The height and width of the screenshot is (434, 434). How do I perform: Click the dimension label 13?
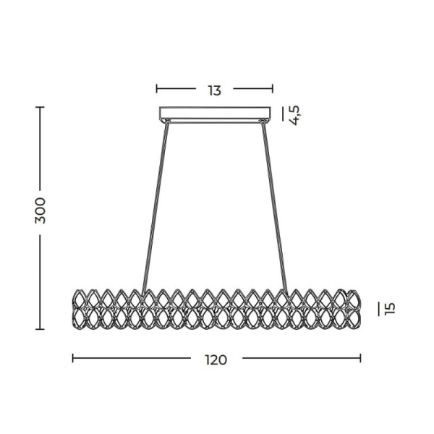pos(215,90)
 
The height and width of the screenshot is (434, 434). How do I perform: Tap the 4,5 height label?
pos(294,116)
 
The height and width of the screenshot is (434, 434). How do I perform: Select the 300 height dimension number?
pos(40,210)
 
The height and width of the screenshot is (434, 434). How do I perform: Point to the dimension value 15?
pos(390,309)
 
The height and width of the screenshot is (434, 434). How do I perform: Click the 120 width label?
pos(216,359)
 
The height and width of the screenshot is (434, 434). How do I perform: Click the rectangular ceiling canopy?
pos(215,114)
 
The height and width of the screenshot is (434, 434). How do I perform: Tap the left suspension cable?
pos(155,208)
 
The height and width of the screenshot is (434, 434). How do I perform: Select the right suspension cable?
pos(275,208)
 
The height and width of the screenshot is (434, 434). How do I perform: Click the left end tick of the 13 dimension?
pos(157,88)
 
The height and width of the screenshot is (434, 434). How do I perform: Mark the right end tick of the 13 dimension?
pos(273,88)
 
